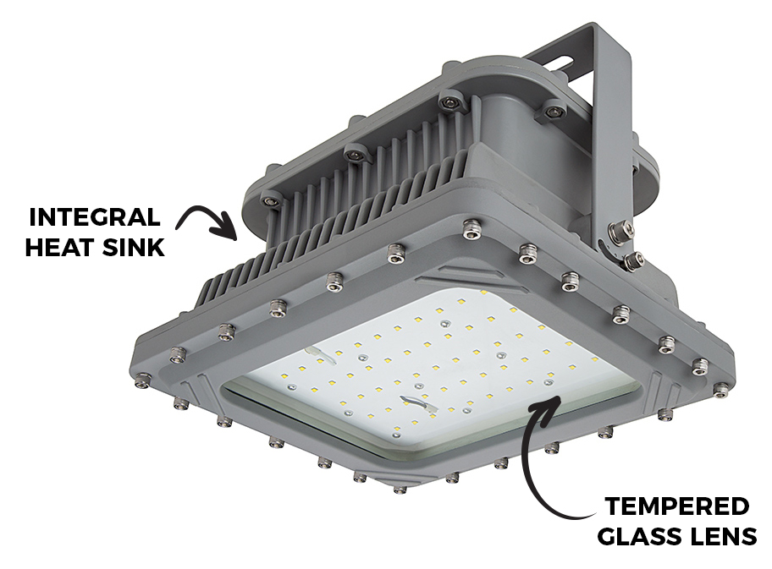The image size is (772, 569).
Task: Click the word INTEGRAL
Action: [x=95, y=216]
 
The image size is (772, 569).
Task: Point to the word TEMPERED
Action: [x=677, y=506]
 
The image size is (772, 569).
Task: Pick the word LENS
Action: [x=720, y=539]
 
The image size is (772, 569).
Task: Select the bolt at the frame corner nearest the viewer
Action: [x=400, y=489]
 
